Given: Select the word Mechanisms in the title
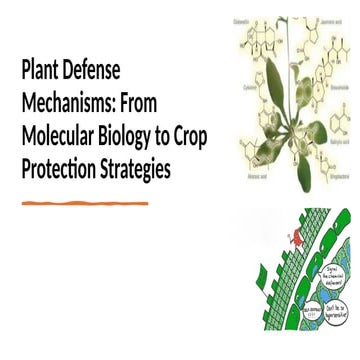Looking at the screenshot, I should (x=69, y=103).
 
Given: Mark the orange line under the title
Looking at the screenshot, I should (x=85, y=203).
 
